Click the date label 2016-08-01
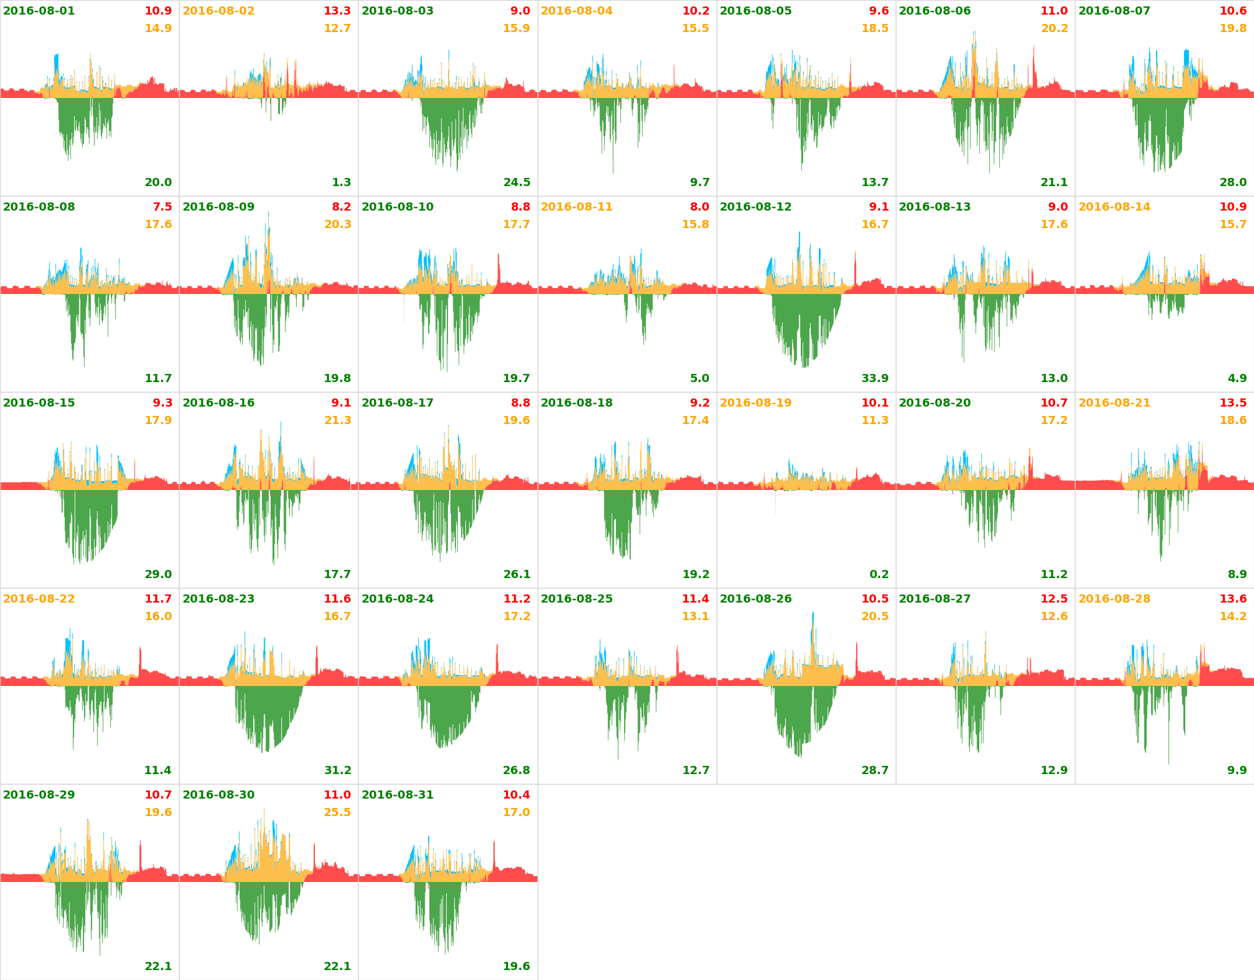39,11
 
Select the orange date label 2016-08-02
219,11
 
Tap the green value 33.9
875,379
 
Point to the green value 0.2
879,575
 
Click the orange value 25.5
337,813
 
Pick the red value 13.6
1233,599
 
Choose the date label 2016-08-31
398,795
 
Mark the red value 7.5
162,207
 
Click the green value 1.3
341,183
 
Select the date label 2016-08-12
756,207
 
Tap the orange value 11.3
875,421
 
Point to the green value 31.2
338,771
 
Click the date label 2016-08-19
756,403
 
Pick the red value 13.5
1233,403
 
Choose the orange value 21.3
338,421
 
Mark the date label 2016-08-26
756,599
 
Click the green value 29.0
158,575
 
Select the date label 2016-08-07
1114,11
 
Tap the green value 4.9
1237,379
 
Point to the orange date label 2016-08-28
1114,599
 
